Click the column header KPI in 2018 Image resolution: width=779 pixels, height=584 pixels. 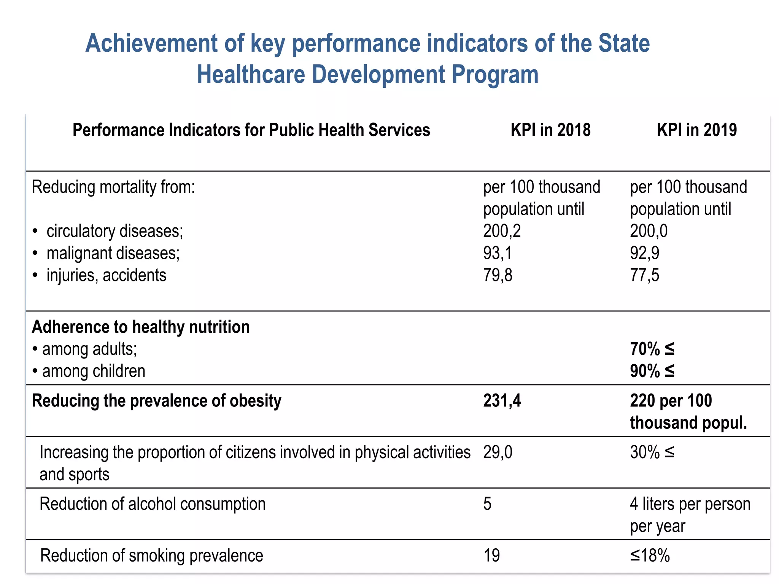(x=550, y=130)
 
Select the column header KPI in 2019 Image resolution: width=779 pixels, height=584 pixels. (x=696, y=130)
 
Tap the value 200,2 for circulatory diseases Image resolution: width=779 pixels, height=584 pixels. (x=502, y=231)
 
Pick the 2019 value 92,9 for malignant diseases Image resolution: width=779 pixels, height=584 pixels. (x=644, y=253)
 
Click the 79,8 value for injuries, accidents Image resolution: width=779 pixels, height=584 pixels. (x=498, y=275)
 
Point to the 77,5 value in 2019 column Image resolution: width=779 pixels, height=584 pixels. (x=644, y=275)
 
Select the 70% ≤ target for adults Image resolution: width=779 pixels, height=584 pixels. (x=652, y=349)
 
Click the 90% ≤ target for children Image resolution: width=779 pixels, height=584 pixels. (x=652, y=371)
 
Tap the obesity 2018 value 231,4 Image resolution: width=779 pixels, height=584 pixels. (x=502, y=401)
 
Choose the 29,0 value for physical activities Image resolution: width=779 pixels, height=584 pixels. (x=498, y=452)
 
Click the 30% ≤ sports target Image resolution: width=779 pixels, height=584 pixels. (x=652, y=452)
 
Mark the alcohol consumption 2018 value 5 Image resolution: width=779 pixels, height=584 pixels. (x=487, y=504)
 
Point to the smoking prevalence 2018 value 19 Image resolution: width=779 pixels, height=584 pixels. (x=491, y=556)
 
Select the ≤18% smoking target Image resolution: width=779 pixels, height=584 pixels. (x=650, y=556)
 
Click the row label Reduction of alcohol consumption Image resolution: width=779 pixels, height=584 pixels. (x=153, y=504)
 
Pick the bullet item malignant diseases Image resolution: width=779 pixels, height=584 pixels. (x=113, y=253)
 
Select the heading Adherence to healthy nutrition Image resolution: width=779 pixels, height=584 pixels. (x=141, y=327)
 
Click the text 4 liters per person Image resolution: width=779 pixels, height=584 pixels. (x=690, y=504)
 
